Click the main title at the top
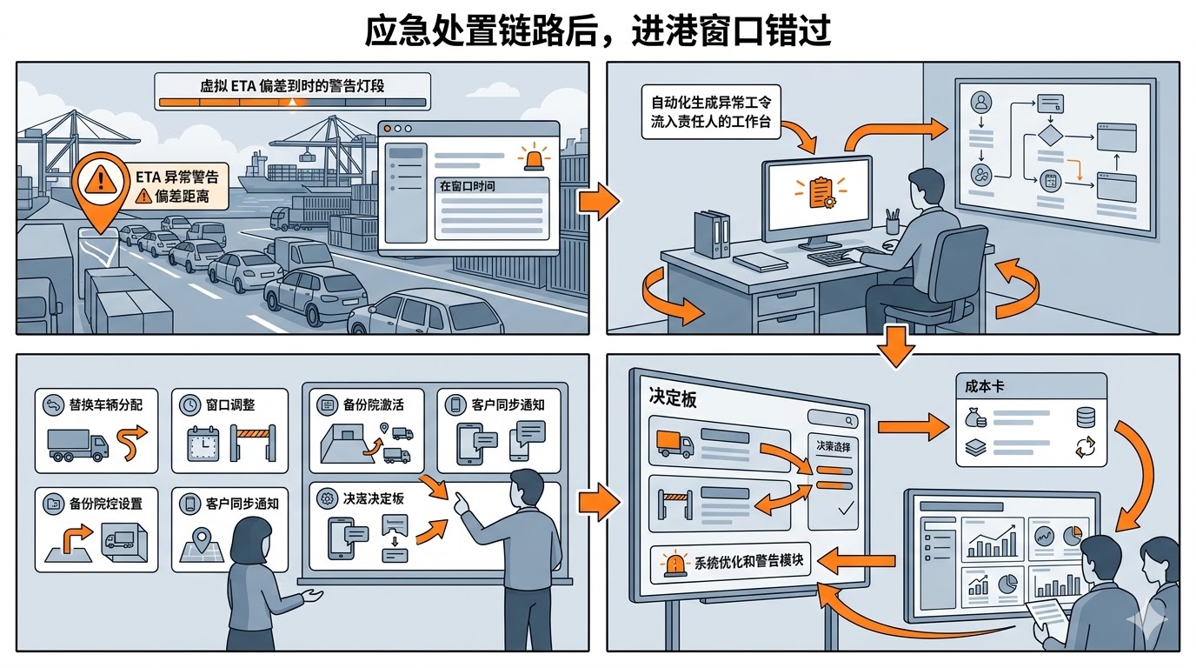(x=598, y=30)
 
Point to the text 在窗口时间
(x=468, y=186)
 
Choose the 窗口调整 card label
(x=230, y=405)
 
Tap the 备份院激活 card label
(x=373, y=405)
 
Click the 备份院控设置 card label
(x=105, y=504)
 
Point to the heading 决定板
(x=673, y=397)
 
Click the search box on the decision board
(x=832, y=420)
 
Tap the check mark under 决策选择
(x=843, y=509)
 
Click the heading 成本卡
(x=984, y=385)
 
